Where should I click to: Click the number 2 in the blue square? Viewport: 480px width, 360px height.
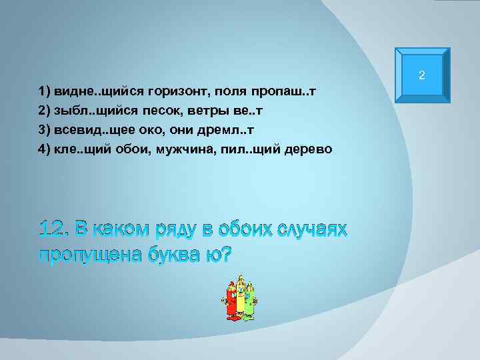[x=421, y=75]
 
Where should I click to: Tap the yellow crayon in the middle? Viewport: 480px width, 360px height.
[x=240, y=298]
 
